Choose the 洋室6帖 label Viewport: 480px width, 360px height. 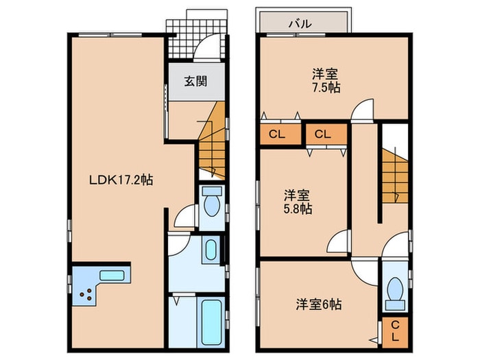[319, 302]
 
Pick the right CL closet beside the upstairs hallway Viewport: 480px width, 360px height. [324, 134]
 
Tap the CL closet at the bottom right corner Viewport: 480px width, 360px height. [396, 333]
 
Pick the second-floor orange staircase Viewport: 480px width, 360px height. [394, 175]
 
